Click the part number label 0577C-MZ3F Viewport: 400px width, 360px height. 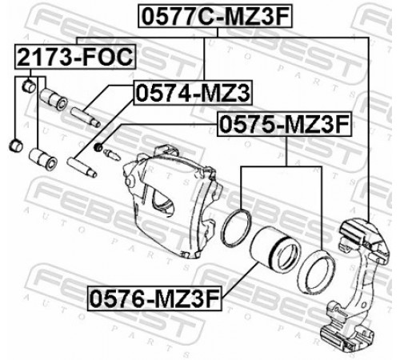click(215, 16)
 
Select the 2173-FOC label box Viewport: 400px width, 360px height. click(75, 57)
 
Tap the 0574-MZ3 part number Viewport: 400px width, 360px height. click(193, 93)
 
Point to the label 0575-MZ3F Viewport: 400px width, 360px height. click(285, 124)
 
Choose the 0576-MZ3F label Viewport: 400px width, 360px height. click(154, 298)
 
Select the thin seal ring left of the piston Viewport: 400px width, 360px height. click(237, 228)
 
